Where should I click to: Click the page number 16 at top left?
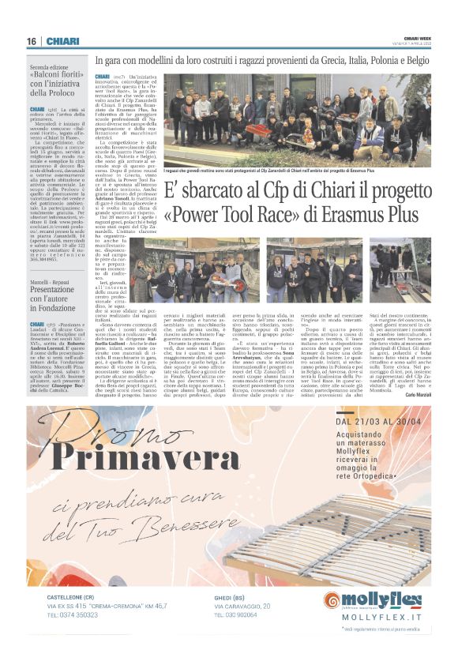pos(32,41)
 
